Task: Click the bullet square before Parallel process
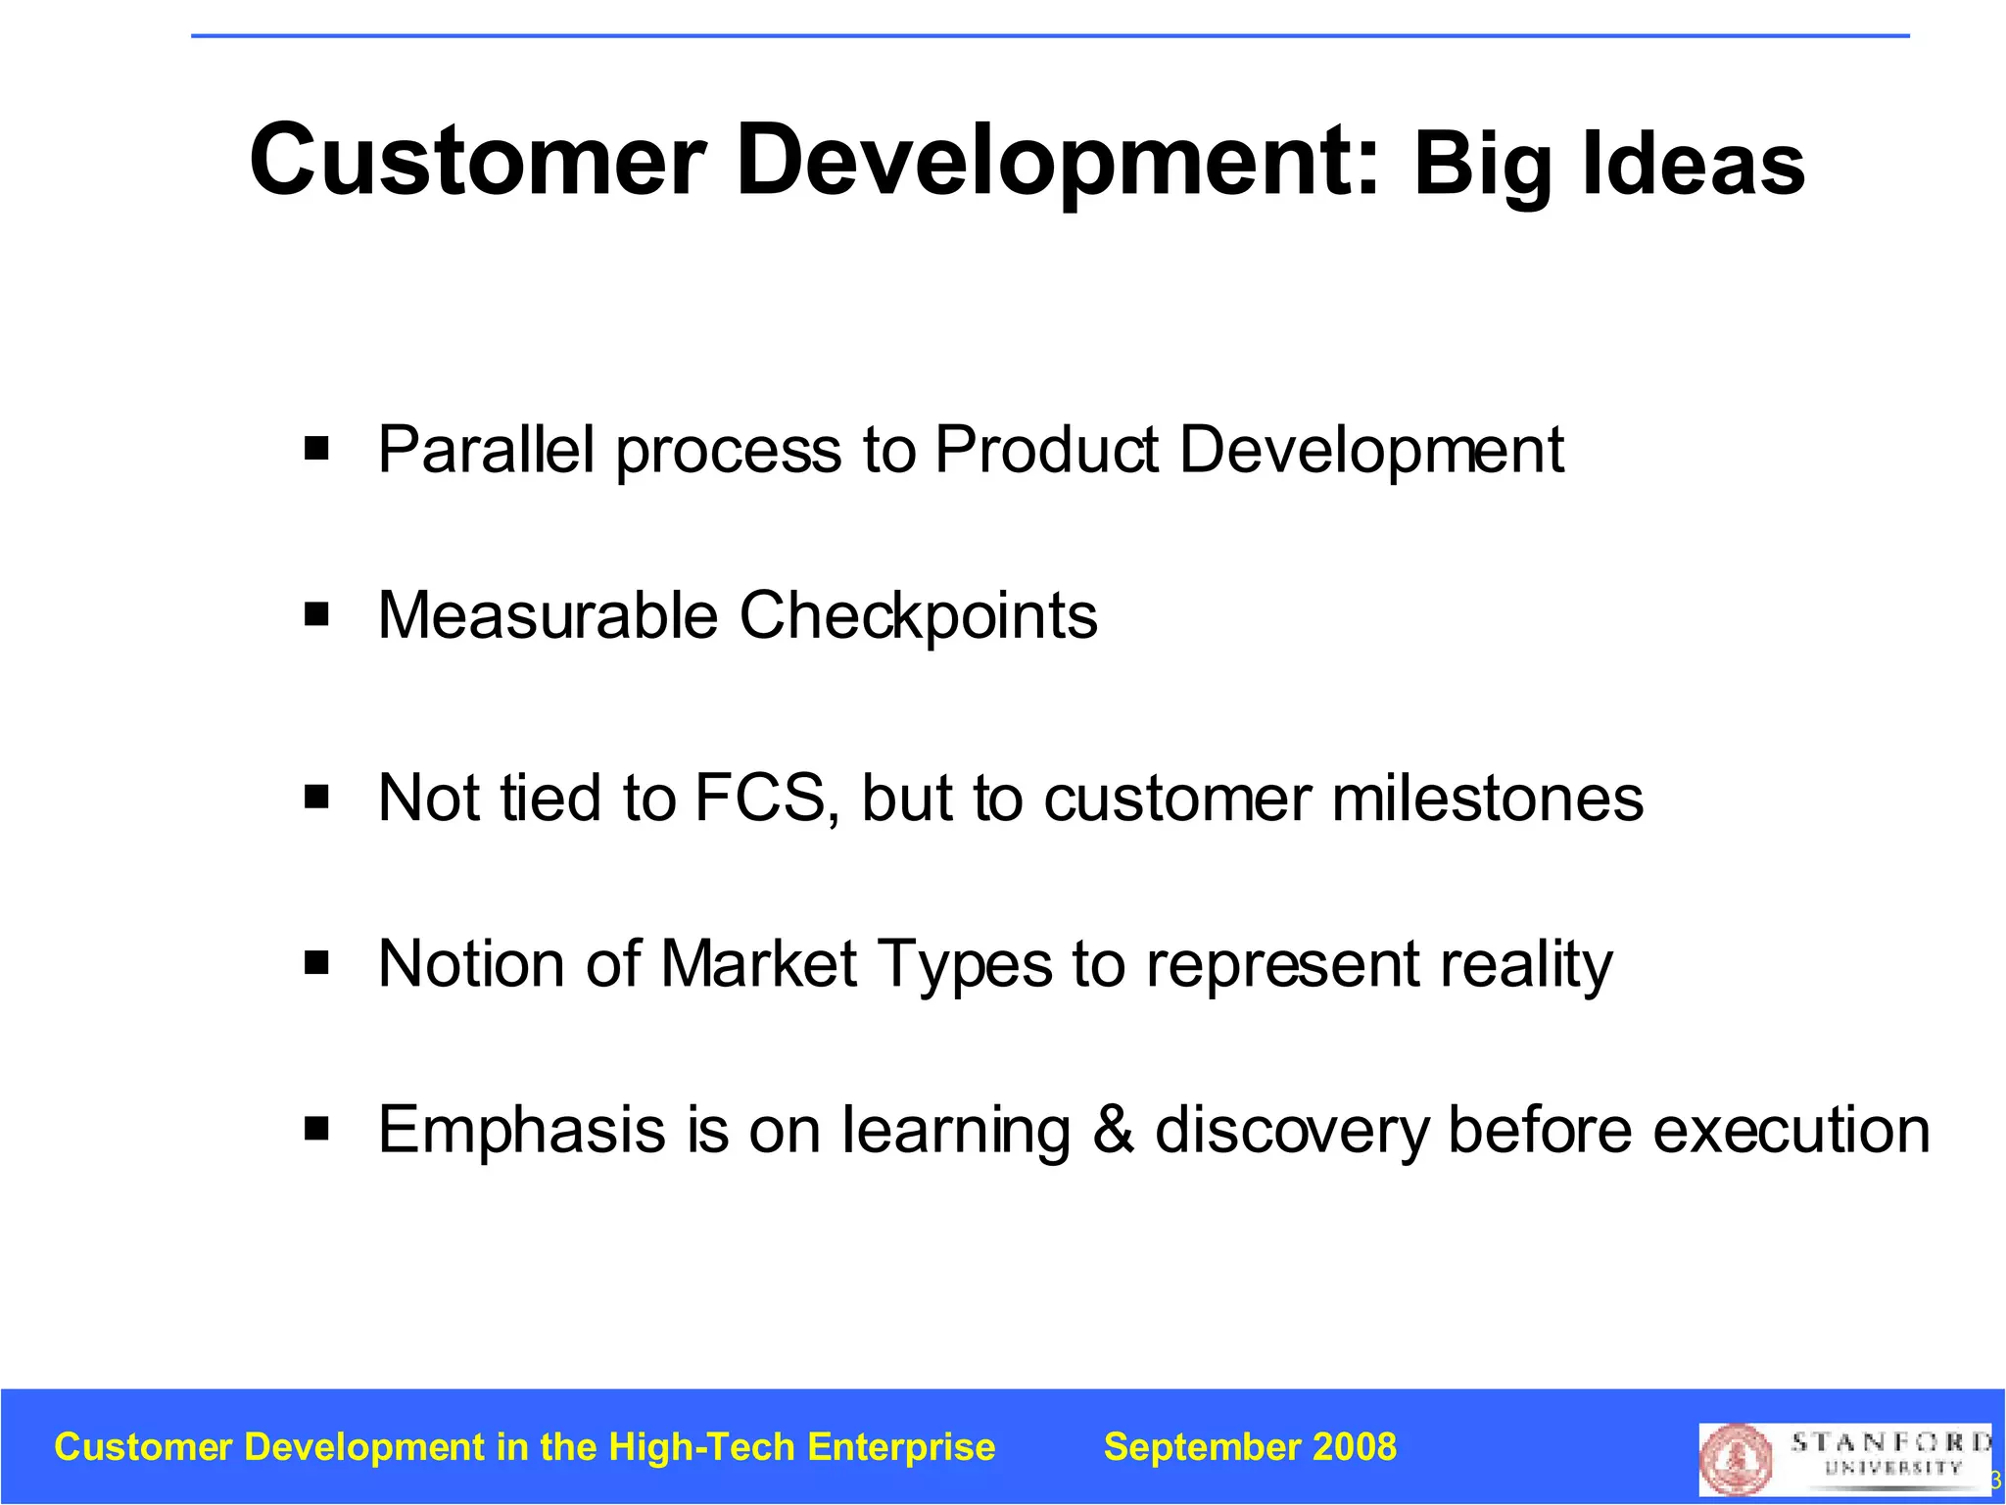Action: (x=316, y=449)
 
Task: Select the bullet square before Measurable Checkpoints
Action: (x=316, y=615)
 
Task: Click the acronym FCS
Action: (x=766, y=798)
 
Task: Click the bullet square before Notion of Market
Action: (x=316, y=963)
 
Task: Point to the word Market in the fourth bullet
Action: (x=759, y=964)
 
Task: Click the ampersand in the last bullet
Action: (x=1114, y=1130)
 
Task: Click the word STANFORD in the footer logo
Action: (x=1889, y=1442)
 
